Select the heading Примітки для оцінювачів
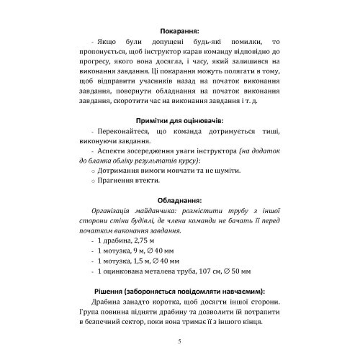(179, 122)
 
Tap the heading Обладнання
(179, 199)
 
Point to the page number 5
(179, 341)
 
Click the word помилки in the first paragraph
(239, 45)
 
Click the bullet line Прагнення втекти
(118, 182)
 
